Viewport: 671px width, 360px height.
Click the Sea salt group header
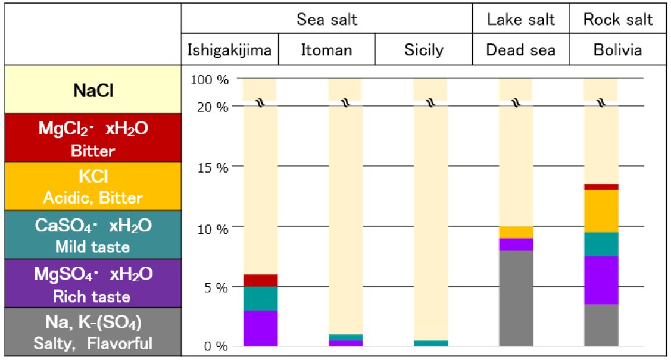click(327, 20)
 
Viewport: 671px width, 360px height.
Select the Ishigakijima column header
click(230, 51)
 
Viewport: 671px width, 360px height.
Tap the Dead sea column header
click(520, 51)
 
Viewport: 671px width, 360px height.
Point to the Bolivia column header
click(617, 51)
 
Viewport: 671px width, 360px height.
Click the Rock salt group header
click(617, 20)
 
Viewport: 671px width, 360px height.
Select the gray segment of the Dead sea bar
click(516, 298)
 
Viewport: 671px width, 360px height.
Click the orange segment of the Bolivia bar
click(601, 211)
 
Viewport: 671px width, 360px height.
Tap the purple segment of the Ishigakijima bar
click(260, 328)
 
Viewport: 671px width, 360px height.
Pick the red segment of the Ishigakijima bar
click(260, 280)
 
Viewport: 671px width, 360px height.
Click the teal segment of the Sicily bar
click(430, 343)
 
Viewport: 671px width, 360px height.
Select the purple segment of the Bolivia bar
click(601, 280)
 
